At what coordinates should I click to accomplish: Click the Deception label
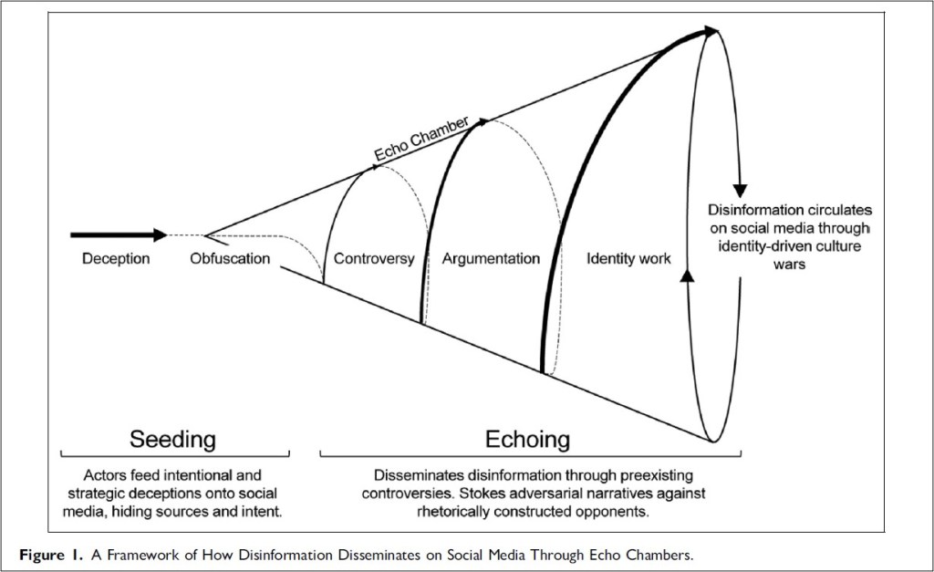[x=116, y=258]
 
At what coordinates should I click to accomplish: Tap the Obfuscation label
[x=230, y=258]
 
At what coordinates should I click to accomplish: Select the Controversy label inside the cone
[x=374, y=258]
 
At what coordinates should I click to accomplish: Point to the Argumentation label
[x=491, y=258]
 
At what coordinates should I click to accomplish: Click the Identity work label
[x=628, y=258]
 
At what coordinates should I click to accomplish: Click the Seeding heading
[x=173, y=439]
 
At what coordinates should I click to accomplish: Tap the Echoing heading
[x=527, y=439]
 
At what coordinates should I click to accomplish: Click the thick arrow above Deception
[x=119, y=234]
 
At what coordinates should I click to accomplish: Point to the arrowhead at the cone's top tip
[x=709, y=33]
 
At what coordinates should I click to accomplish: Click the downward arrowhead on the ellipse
[x=741, y=179]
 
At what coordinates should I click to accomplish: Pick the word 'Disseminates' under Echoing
[x=416, y=475]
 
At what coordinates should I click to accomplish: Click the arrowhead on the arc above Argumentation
[x=483, y=121]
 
